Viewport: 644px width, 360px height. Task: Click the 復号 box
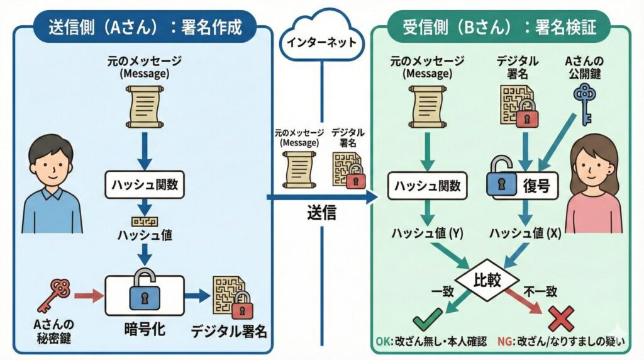(525, 186)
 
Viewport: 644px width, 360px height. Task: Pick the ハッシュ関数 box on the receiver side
(427, 186)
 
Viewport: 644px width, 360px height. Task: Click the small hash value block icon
(145, 221)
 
